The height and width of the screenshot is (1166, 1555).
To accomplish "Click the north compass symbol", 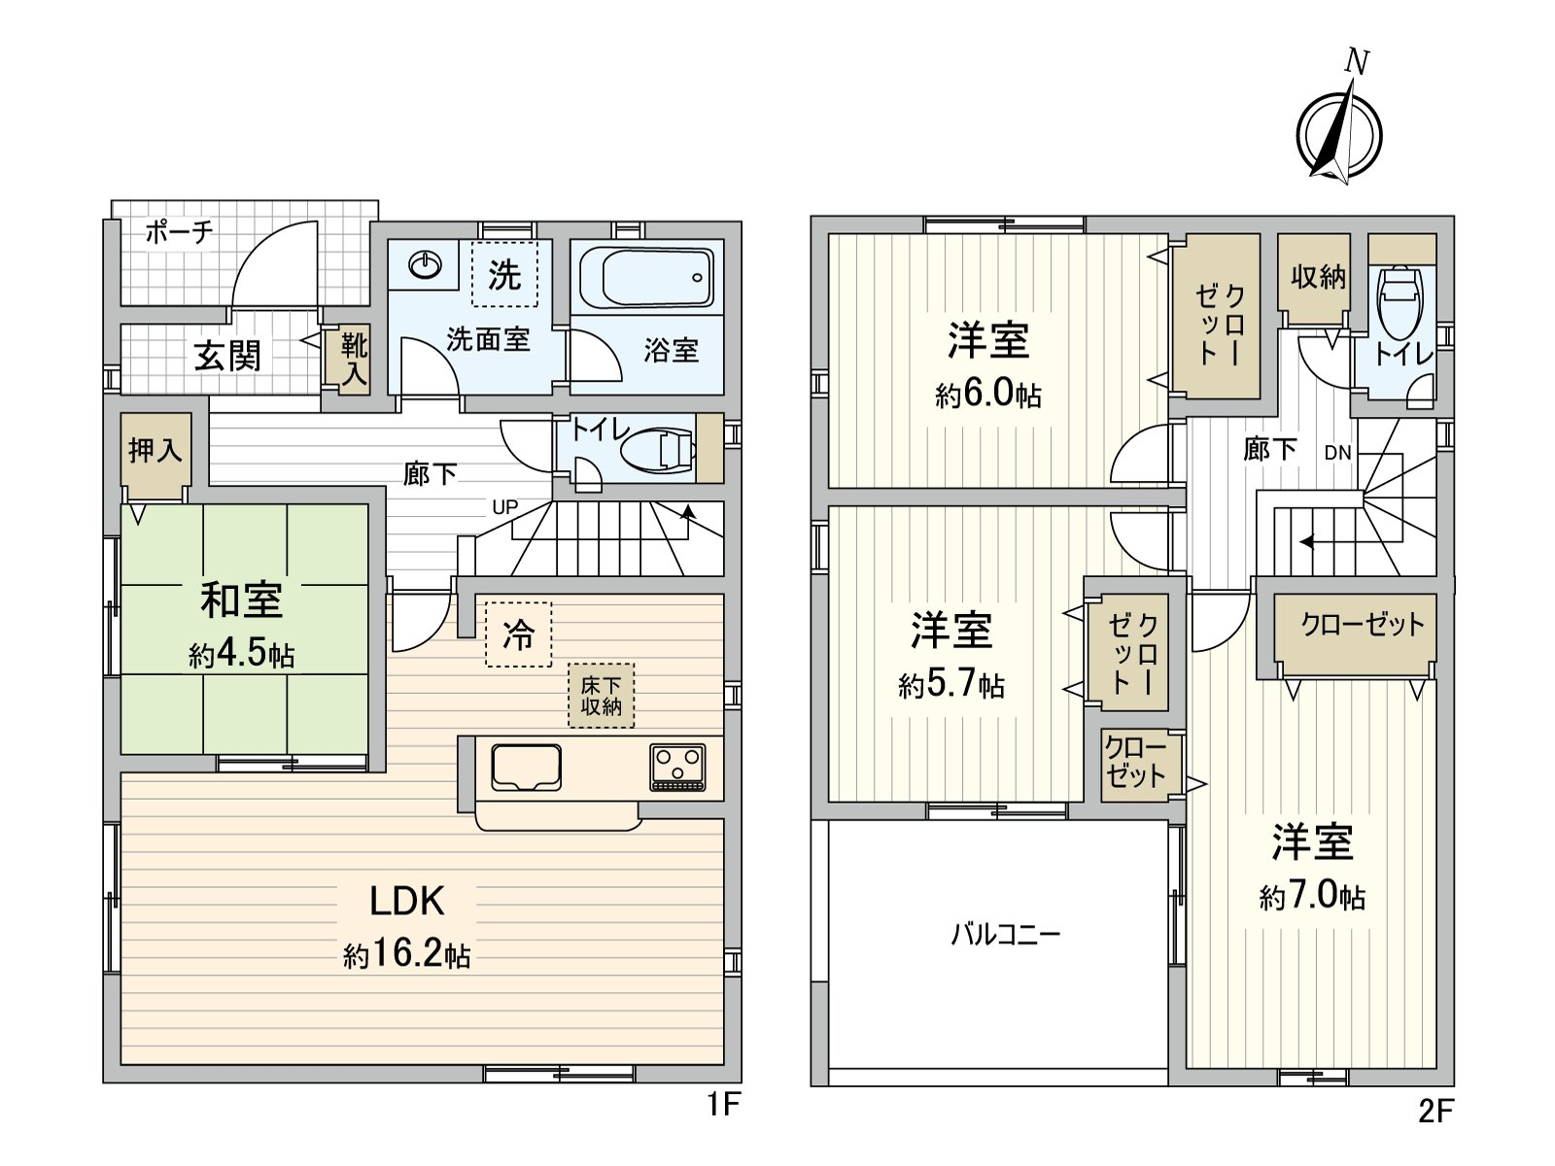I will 1339,134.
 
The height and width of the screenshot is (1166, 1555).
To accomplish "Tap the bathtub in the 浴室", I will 646,277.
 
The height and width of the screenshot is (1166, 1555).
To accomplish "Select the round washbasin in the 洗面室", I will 426,264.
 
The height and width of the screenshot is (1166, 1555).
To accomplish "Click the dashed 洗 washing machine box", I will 504,274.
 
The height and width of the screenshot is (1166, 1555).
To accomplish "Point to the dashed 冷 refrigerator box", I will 518,634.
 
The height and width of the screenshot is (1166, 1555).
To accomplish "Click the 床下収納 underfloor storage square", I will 602,696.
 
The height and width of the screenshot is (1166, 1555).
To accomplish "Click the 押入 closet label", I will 155,450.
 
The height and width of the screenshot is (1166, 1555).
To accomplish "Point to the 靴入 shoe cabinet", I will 354,359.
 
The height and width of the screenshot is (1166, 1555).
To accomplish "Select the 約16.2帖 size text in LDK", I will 407,955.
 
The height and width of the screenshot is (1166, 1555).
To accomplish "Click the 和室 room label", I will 242,600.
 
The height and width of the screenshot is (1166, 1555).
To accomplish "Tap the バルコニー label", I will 1005,935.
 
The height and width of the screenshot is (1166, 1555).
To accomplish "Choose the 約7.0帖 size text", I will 1312,895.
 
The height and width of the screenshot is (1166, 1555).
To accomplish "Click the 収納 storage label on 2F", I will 1318,277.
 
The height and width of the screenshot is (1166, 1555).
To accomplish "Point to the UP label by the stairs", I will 504,507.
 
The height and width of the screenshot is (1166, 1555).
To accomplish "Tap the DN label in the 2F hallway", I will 1337,453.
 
